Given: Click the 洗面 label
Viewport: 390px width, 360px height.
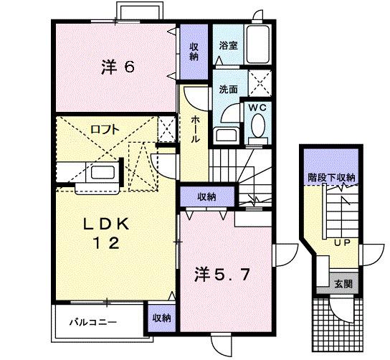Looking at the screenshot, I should pyautogui.click(x=228, y=90).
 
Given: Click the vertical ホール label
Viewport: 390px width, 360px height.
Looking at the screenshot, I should pyautogui.click(x=194, y=131).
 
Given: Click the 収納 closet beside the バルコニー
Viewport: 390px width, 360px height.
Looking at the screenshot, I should pyautogui.click(x=161, y=317).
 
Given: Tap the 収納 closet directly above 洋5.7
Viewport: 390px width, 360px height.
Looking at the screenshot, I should pyautogui.click(x=206, y=195).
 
